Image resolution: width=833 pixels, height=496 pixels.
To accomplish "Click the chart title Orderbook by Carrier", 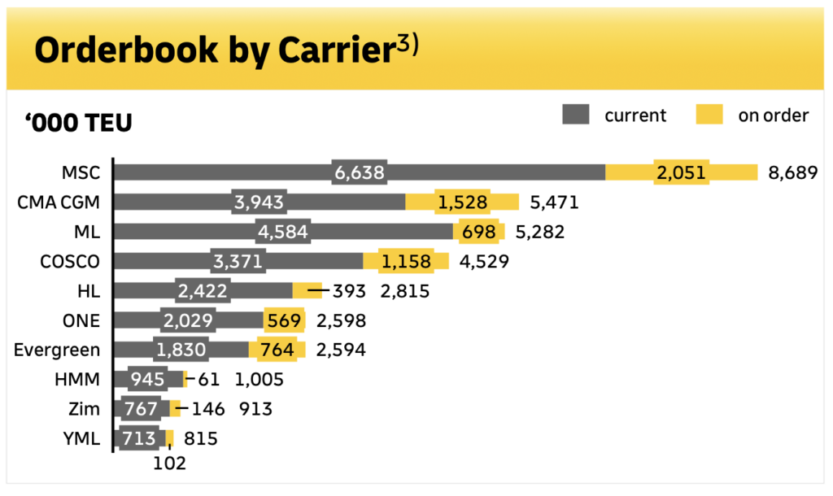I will click(208, 50).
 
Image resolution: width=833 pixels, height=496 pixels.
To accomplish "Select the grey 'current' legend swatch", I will click(575, 115).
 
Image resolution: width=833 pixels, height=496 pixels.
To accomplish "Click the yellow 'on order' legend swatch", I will click(709, 115).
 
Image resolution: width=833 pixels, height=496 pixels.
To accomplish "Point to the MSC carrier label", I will click(81, 172).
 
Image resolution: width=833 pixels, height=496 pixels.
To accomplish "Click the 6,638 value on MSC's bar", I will click(359, 172).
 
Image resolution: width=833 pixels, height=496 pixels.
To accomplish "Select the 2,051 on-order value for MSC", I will click(682, 172).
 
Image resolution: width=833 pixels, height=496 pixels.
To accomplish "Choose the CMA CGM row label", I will click(59, 202).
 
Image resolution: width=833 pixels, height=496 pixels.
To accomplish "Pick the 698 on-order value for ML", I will click(478, 233).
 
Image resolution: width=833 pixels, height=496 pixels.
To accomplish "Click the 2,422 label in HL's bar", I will click(201, 291).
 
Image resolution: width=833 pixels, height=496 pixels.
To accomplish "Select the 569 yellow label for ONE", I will click(284, 321).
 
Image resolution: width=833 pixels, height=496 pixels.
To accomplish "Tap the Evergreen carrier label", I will click(57, 350).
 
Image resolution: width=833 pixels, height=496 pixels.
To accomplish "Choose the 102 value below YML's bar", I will click(169, 464).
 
